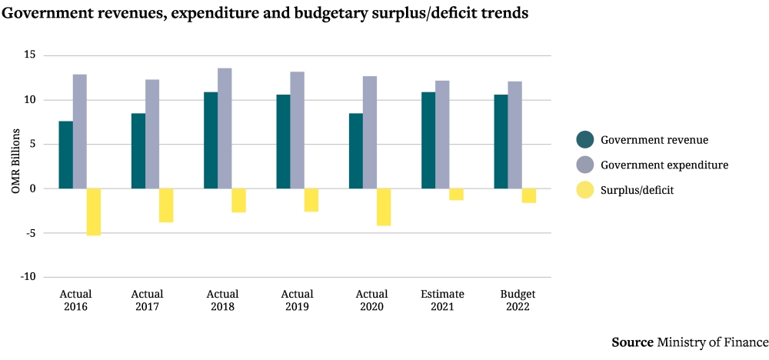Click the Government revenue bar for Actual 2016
click(x=65, y=155)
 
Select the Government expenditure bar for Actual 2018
click(x=225, y=128)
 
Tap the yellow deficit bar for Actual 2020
click(x=384, y=207)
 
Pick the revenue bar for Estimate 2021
click(x=428, y=140)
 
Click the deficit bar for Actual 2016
click(x=94, y=212)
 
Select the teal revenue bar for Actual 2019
click(x=283, y=142)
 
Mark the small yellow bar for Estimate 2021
click(x=457, y=194)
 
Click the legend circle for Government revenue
click(x=585, y=140)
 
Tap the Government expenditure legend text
click(x=664, y=165)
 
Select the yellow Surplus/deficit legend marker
click(x=585, y=189)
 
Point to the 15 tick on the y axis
click(x=30, y=55)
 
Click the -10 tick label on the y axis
click(x=28, y=277)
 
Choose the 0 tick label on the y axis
click(x=33, y=188)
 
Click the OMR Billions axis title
click(x=15, y=166)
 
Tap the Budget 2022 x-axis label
click(x=518, y=301)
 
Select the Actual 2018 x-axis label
click(x=223, y=301)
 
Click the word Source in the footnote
click(x=632, y=342)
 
